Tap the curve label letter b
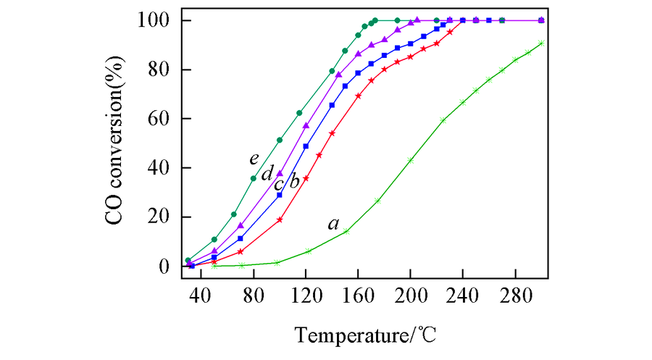tap(294, 181)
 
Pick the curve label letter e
tap(254, 159)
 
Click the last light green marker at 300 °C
tap(541, 43)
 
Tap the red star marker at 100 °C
tap(280, 219)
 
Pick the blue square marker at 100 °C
tap(280, 195)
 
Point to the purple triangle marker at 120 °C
tap(306, 126)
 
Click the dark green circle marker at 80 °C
tap(254, 178)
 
